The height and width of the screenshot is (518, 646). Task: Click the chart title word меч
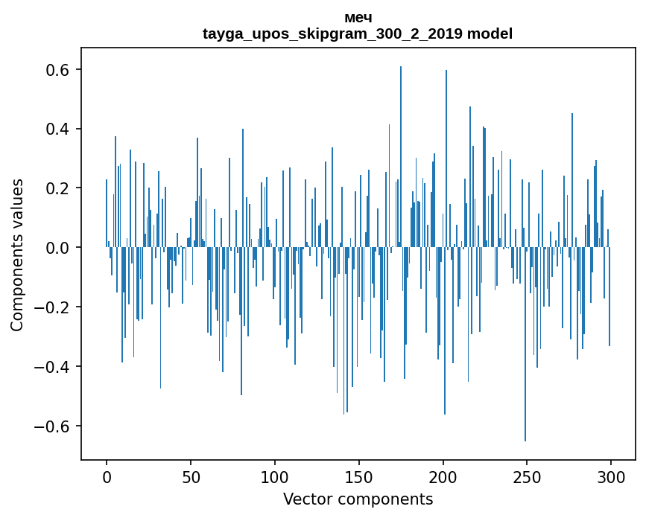358,18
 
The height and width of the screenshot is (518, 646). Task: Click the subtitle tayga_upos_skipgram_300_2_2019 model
358,33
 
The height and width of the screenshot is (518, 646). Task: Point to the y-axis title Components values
17,255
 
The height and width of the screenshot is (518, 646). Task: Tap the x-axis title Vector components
358,499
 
